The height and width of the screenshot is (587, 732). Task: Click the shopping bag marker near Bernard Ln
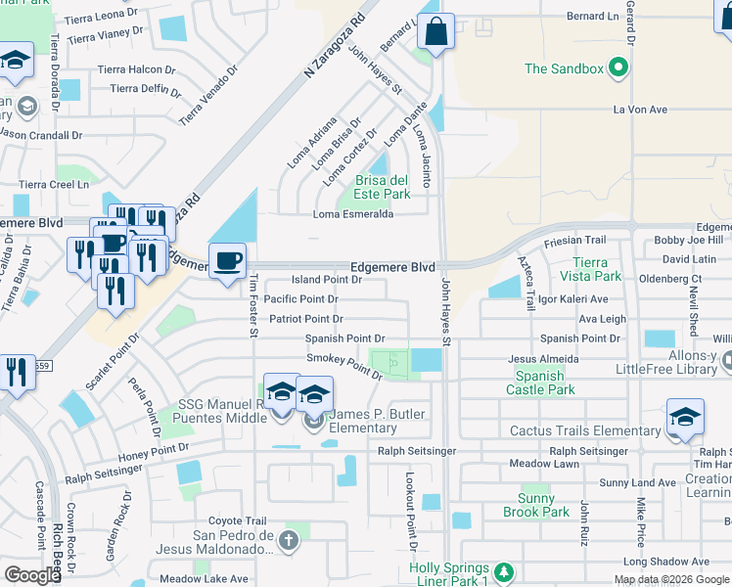435,30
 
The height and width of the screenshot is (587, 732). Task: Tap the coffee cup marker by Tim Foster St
228,261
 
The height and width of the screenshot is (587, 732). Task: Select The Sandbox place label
564,68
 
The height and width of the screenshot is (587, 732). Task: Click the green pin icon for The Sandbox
618,68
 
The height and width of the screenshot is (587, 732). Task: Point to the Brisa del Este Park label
381,187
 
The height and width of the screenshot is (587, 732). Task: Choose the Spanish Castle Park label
540,383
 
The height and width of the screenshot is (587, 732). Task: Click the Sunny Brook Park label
536,505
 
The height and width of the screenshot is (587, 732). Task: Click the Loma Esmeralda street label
352,214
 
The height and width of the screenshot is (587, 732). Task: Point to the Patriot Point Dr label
304,319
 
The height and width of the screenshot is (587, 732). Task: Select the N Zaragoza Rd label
333,45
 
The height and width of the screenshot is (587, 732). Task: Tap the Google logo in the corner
32,575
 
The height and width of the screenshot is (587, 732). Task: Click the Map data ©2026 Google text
672,579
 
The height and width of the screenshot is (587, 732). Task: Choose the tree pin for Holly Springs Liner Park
503,570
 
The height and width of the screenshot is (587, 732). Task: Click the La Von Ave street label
640,110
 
